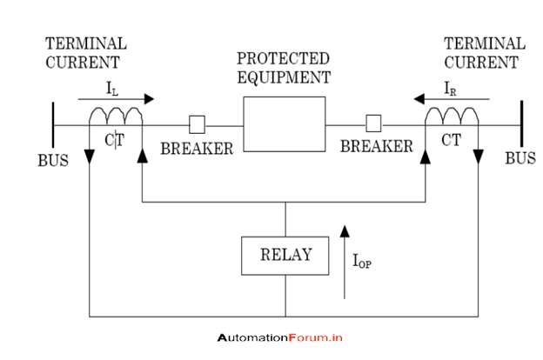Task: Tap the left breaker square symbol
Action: click(198, 123)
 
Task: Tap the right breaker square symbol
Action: click(374, 123)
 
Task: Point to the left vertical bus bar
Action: click(53, 125)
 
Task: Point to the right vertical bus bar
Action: click(521, 125)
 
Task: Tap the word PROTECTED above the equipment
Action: click(284, 59)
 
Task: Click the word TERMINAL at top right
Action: click(485, 43)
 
